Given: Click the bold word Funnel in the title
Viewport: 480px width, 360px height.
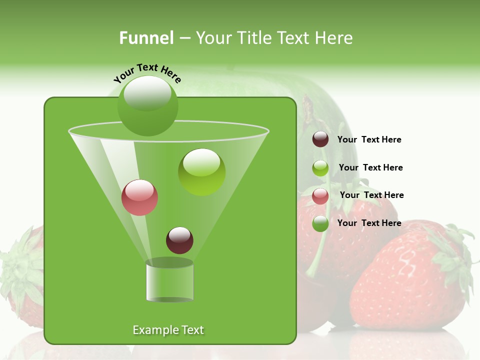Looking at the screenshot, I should [146, 38].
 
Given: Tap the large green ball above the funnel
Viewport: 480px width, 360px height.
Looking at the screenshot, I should [147, 105].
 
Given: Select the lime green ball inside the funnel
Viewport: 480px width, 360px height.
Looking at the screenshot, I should [201, 172].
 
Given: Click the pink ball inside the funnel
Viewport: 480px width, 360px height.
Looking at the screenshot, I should [139, 197].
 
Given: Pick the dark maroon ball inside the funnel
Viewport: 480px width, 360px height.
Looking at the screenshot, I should [179, 240].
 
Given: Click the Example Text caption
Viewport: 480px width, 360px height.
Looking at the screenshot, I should [168, 330].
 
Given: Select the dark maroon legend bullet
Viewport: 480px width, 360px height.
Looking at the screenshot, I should [320, 139].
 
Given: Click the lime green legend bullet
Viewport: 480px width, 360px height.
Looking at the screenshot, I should [320, 168].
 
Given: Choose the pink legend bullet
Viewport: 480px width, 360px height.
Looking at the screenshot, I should [320, 196].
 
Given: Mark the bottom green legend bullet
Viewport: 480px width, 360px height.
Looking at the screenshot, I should [320, 223].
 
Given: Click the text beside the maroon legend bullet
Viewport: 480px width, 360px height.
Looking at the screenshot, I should [369, 140].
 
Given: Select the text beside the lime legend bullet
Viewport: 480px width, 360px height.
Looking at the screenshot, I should [370, 167].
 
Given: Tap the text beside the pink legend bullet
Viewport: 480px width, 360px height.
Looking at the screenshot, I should [371, 195].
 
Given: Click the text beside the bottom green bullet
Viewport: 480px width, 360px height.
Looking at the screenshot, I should [369, 223].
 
